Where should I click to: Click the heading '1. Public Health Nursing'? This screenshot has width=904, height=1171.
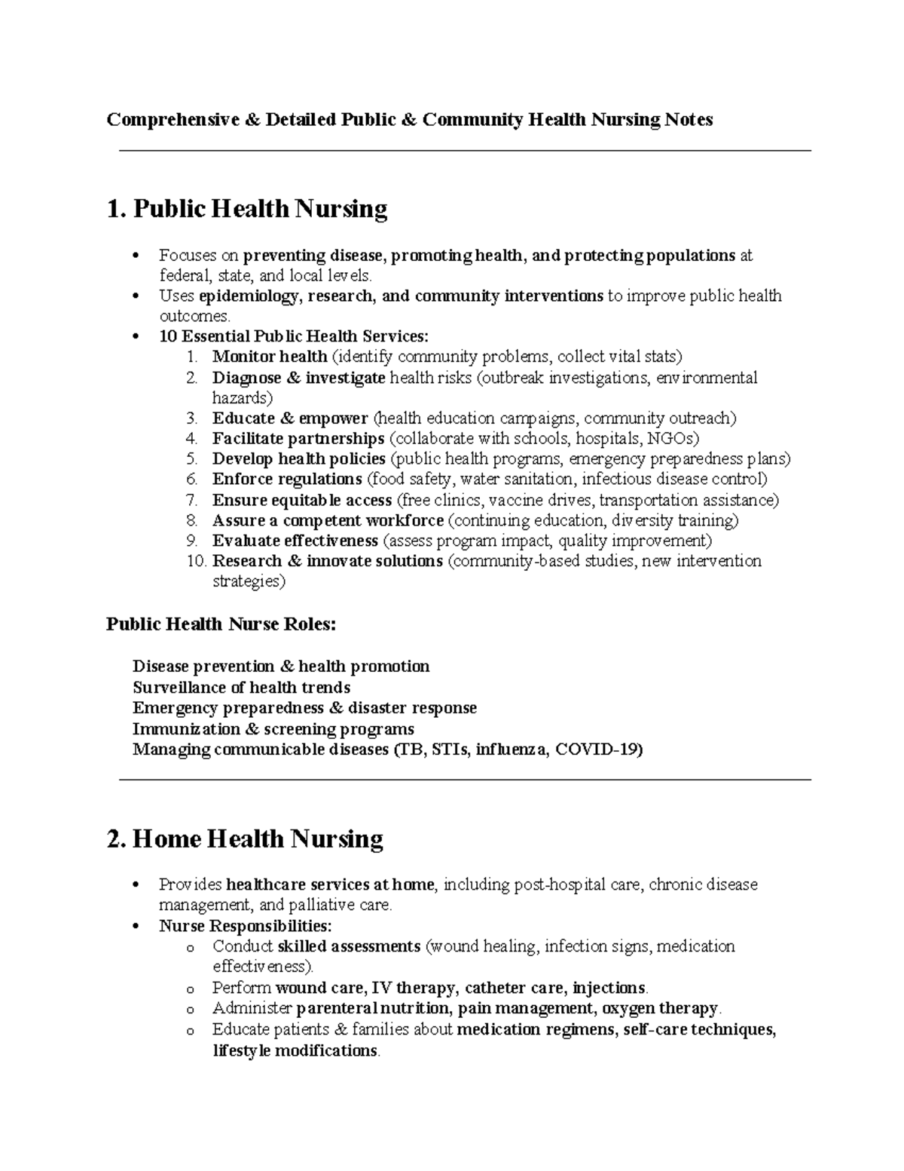[x=247, y=209]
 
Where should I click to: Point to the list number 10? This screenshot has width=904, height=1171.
[x=196, y=561]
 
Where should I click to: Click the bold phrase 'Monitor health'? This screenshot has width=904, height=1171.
[x=270, y=356]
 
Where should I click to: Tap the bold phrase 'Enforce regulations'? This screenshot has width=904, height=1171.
[x=287, y=479]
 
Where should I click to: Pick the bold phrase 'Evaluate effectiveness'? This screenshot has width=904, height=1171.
[x=295, y=541]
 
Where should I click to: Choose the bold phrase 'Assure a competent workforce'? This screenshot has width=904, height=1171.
[x=328, y=520]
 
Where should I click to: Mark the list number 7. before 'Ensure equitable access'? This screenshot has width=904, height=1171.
[x=191, y=500]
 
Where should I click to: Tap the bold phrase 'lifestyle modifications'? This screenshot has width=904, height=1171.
[x=295, y=1050]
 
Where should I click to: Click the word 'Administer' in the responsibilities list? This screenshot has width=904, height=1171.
[x=252, y=1008]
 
